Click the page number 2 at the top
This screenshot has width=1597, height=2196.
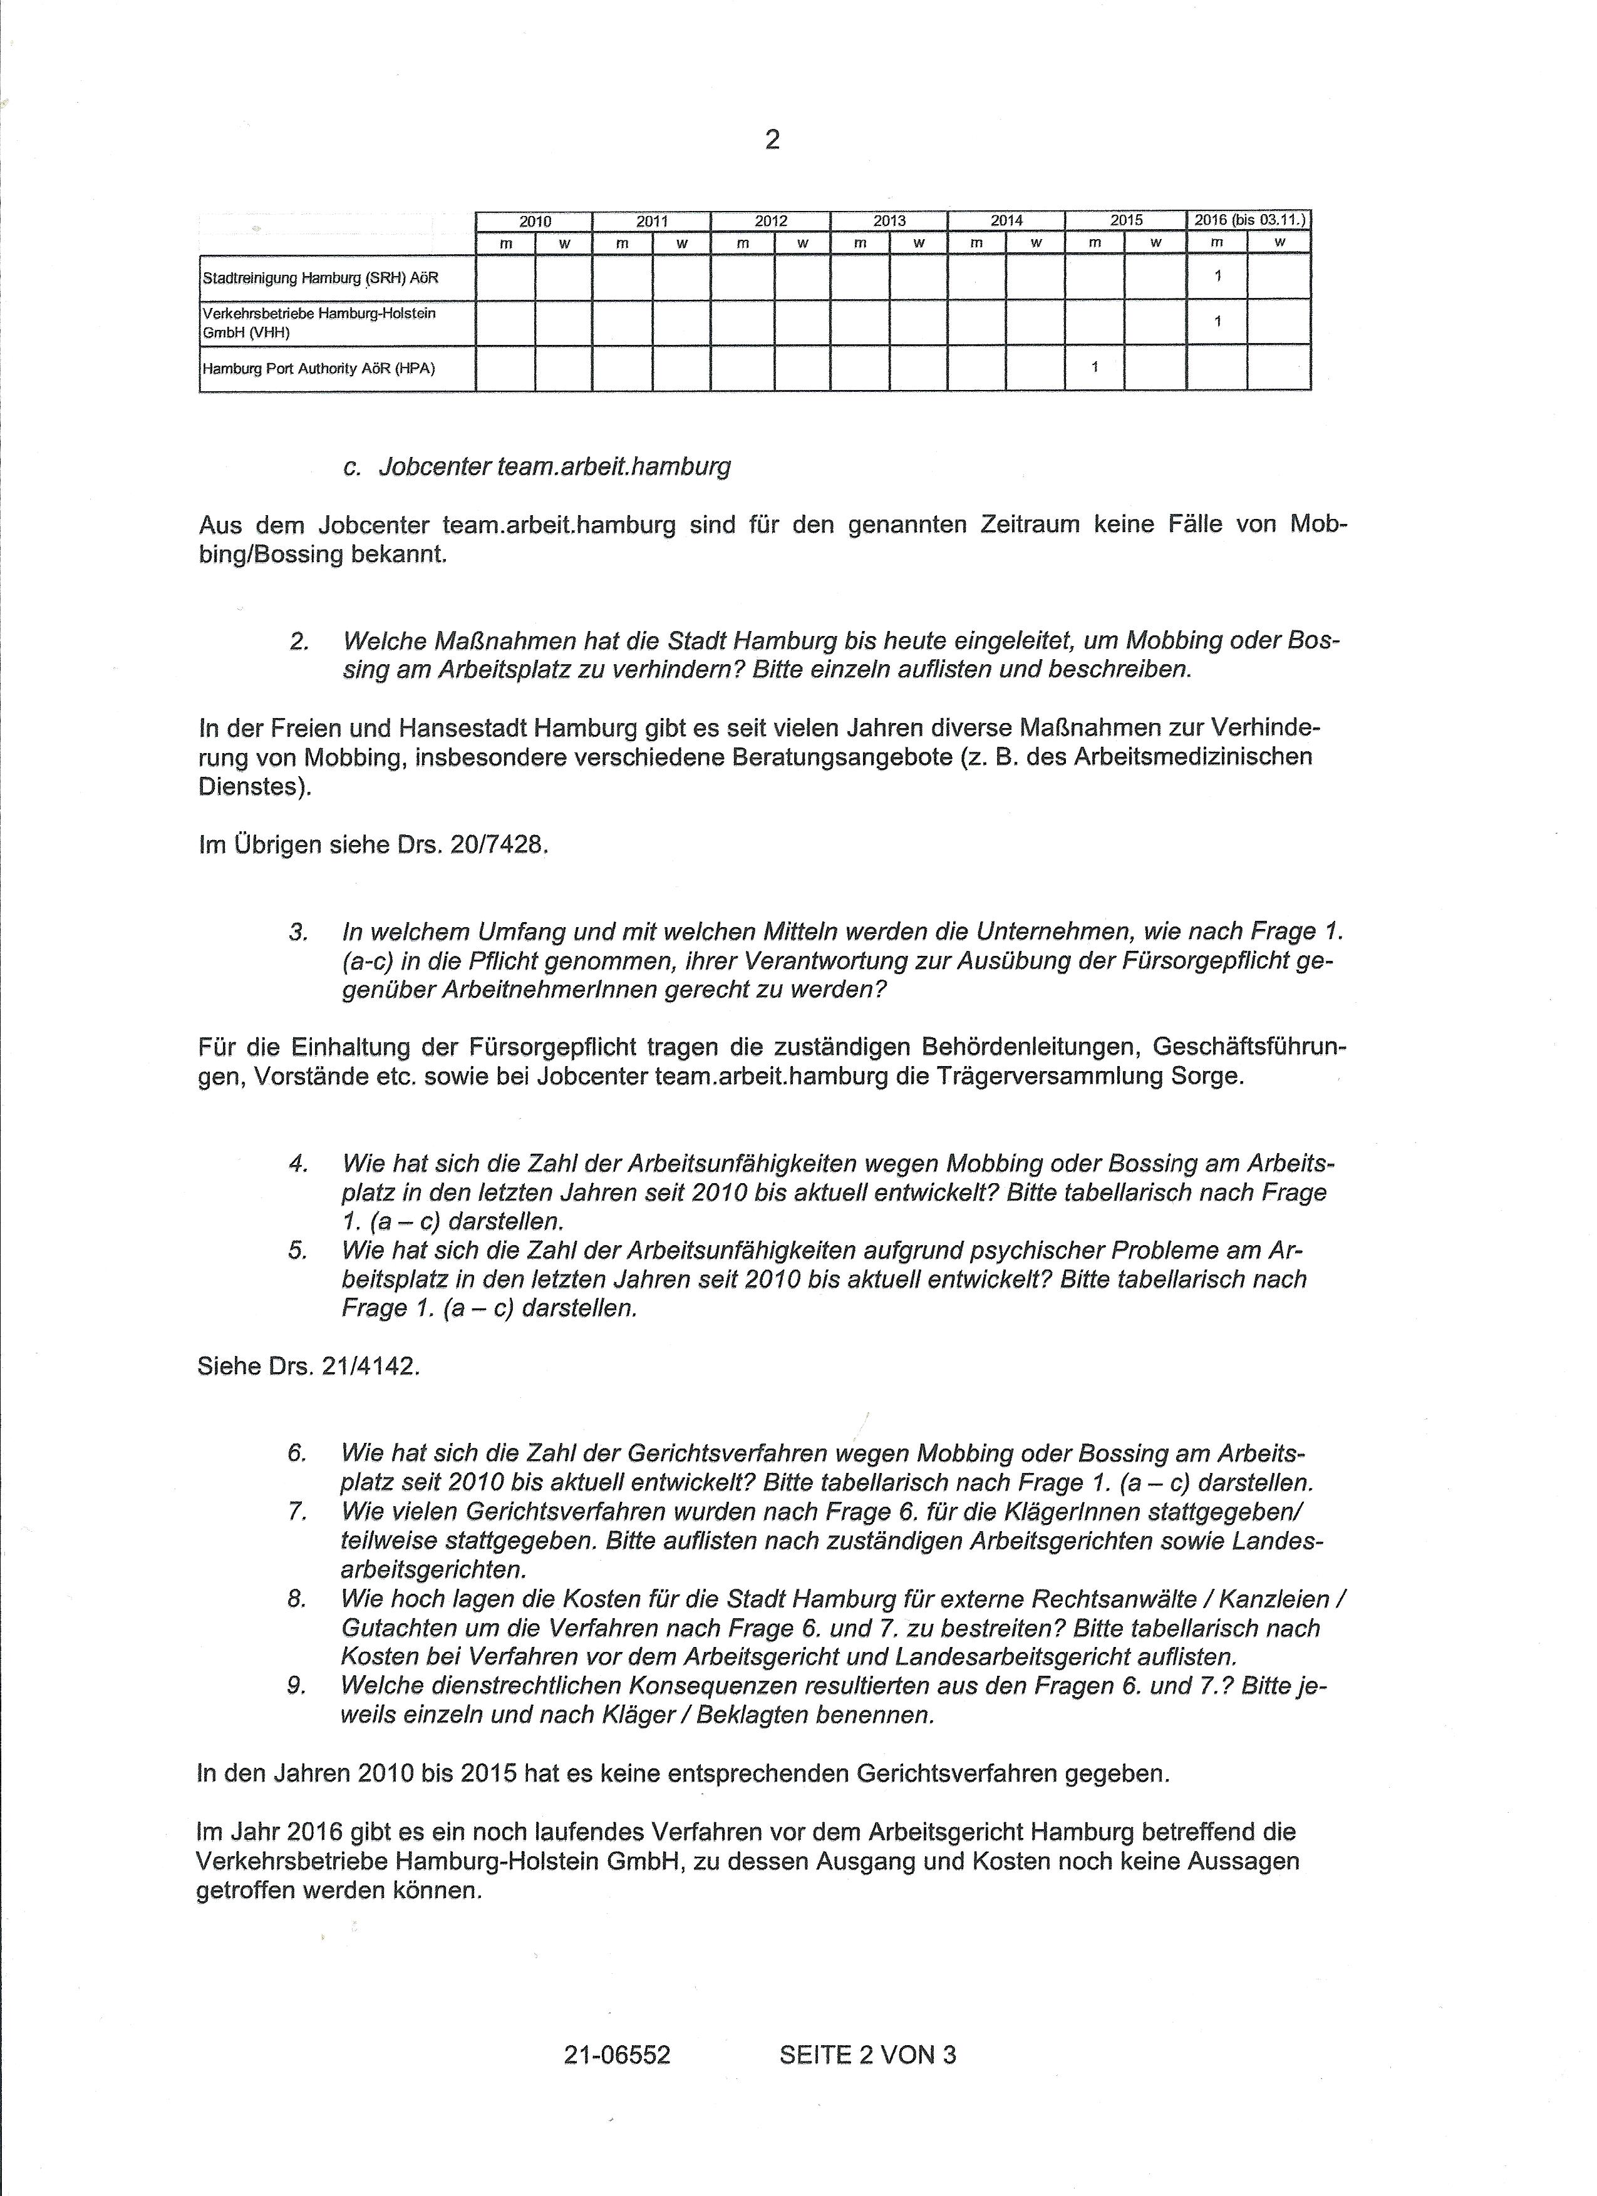tap(772, 140)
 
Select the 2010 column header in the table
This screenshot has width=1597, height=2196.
tap(535, 221)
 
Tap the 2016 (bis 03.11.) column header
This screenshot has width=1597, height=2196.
tap(1248, 220)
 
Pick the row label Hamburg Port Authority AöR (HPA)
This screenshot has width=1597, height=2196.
tap(319, 369)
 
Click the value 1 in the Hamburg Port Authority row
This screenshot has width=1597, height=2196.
tap(1094, 367)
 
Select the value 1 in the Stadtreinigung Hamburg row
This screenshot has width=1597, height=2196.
tap(1217, 276)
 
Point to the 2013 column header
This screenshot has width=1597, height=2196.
tap(889, 221)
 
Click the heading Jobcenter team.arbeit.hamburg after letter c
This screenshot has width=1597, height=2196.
tap(554, 467)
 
